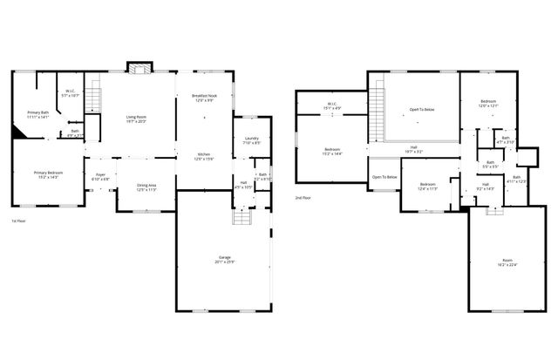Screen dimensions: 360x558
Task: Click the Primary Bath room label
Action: [x=37, y=114]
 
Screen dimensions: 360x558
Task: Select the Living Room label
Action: [x=137, y=119]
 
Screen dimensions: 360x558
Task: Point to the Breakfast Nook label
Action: [x=204, y=98]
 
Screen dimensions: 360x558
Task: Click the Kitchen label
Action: [x=204, y=156]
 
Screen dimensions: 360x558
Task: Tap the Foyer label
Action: [x=101, y=177]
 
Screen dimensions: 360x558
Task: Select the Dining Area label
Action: [x=146, y=187]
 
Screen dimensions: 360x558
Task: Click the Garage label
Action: [x=224, y=260]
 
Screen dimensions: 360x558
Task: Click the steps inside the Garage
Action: [x=240, y=218]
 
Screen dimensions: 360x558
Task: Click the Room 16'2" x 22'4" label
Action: [x=507, y=264]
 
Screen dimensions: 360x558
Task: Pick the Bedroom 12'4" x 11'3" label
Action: [x=427, y=187]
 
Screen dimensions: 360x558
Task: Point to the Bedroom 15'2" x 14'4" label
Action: [x=332, y=152]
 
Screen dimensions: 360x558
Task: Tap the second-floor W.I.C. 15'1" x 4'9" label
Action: [x=332, y=106]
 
